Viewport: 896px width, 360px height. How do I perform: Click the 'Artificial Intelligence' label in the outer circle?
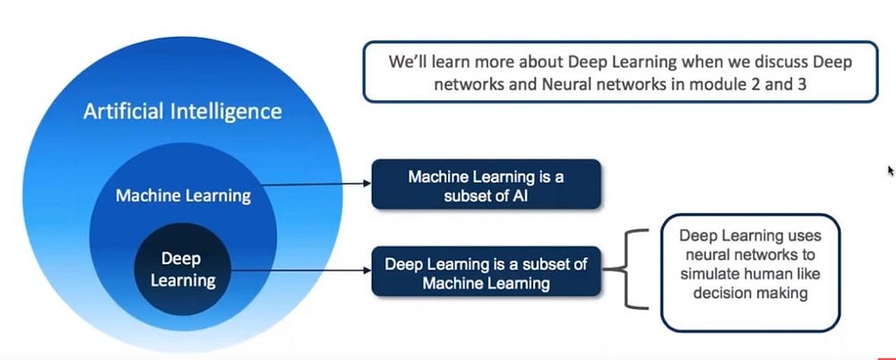coord(182,112)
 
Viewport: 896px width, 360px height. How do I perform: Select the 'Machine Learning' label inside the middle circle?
coord(183,195)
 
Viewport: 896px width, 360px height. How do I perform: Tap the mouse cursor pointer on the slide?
coord(891,170)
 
